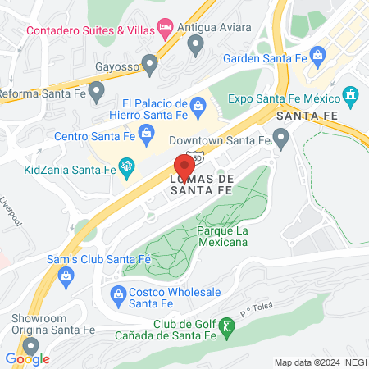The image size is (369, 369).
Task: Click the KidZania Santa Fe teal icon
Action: (126, 168)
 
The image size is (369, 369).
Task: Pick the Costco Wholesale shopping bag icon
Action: (118, 293)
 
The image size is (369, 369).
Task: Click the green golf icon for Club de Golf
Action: (229, 326)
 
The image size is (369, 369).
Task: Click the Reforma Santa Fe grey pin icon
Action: (97, 89)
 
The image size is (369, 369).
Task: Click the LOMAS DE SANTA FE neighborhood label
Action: (202, 184)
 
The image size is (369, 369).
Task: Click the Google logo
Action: (28, 358)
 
